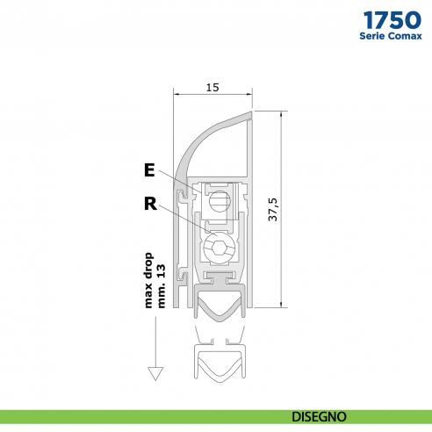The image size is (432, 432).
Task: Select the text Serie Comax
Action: (x=390, y=36)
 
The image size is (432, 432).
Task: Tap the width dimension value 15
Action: (x=212, y=87)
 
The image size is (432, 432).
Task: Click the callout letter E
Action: (x=150, y=169)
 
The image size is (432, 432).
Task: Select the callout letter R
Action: (x=150, y=205)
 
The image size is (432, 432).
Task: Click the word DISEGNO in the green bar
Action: (x=319, y=415)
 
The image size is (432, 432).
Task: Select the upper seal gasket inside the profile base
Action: (x=215, y=308)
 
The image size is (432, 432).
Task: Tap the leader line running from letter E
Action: (x=180, y=181)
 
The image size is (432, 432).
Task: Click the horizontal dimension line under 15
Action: (x=213, y=95)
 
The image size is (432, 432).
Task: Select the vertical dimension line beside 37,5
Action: (x=283, y=210)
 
